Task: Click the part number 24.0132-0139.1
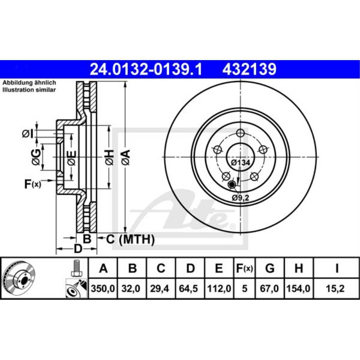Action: (146, 69)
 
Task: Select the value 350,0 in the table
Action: (103, 288)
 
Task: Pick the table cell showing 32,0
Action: (132, 288)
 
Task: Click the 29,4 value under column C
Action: (161, 288)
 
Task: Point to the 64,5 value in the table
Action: (190, 288)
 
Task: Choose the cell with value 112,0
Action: (219, 288)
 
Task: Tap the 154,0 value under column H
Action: (298, 288)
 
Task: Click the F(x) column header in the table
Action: (244, 268)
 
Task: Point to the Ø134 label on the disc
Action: (240, 163)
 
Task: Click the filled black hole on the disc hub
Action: (232, 185)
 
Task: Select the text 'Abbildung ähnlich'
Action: (29, 83)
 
